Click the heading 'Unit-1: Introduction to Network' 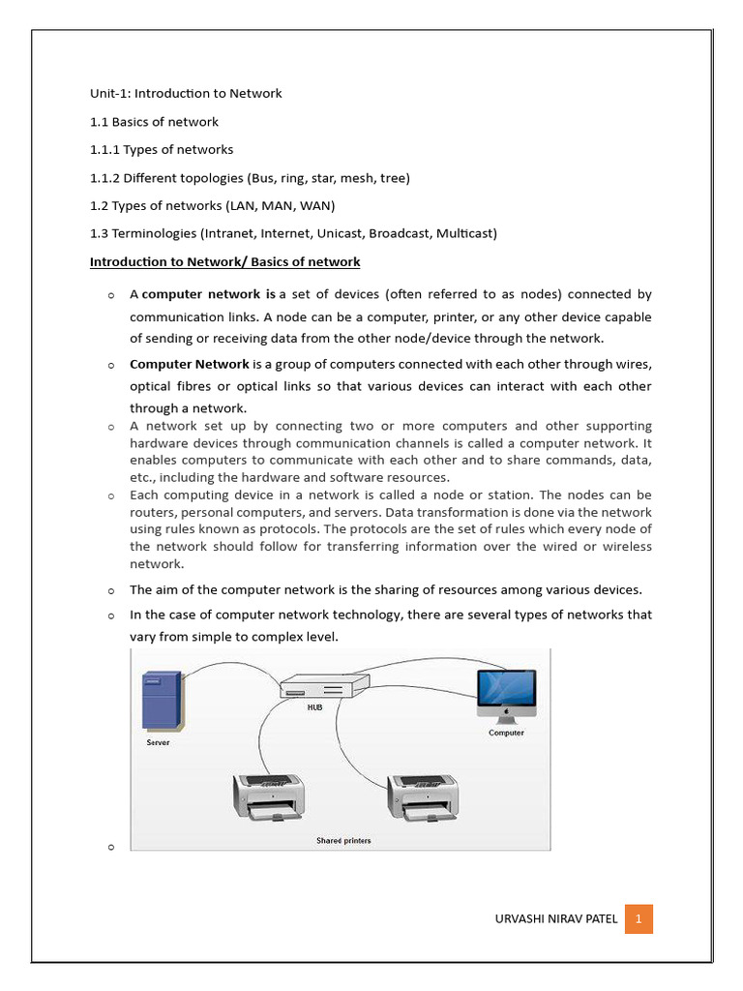click(186, 94)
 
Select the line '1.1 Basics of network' click(154, 122)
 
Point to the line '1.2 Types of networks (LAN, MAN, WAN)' click(212, 206)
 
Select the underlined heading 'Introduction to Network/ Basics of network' click(224, 262)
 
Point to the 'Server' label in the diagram click(158, 742)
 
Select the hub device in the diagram click(325, 686)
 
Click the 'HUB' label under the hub click(314, 707)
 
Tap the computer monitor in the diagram click(506, 695)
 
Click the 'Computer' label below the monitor click(506, 733)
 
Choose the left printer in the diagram click(268, 796)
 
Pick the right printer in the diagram click(423, 796)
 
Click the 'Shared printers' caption click(343, 840)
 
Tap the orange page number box click(639, 917)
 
